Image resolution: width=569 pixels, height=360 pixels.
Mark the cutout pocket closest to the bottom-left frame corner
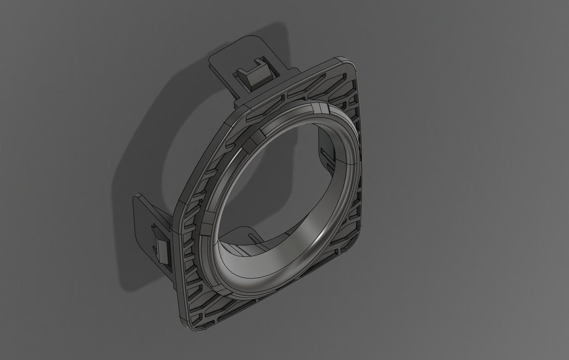click(199, 305)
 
